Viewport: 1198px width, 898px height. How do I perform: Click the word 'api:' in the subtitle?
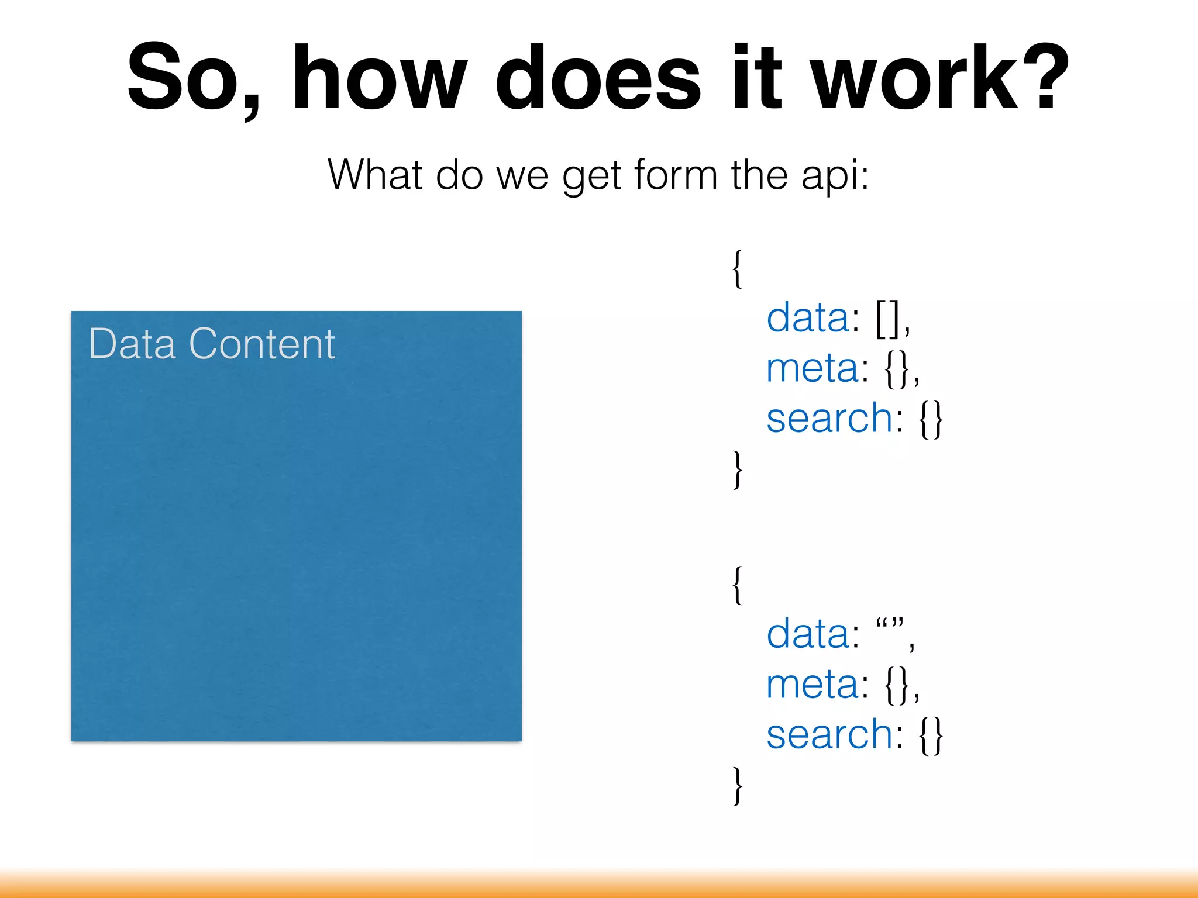coord(835,175)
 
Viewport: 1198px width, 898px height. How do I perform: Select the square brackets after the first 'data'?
coord(887,319)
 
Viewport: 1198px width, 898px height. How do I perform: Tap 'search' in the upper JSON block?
coord(829,419)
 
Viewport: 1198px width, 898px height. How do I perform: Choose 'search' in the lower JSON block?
coord(829,734)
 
